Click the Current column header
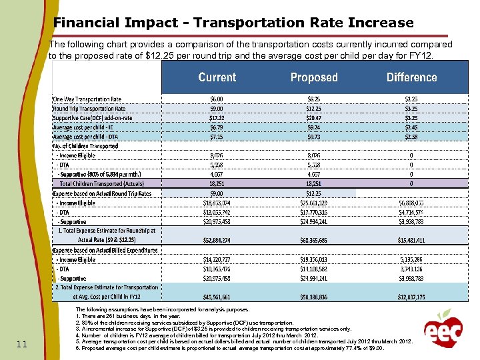(x=217, y=77)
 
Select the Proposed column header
(x=314, y=77)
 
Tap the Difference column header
(x=411, y=77)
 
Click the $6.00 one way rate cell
(x=217, y=99)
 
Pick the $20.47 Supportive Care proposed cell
(x=314, y=118)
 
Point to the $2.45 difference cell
(x=411, y=127)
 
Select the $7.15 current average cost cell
(x=217, y=137)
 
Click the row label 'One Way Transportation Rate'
(x=87, y=99)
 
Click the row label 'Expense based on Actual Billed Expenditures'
(x=106, y=250)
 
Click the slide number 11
(x=21, y=344)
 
